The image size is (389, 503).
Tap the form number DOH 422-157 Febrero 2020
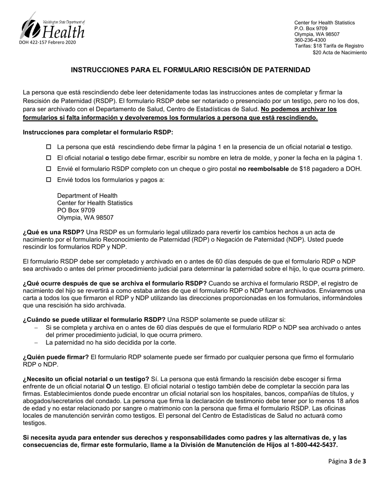pos(47,43)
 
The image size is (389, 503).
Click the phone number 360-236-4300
pos(310,40)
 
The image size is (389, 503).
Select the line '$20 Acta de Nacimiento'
pos(339,52)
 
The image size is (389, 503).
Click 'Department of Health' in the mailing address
pos(87,195)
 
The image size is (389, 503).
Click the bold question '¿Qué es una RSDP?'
pos(53,232)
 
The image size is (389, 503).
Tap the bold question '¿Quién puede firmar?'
pos(56,357)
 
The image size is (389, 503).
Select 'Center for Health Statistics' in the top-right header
pos(324,23)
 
